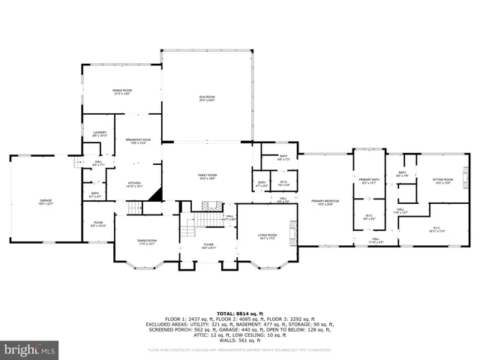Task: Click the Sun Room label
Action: pos(206,98)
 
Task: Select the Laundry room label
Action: pos(98,133)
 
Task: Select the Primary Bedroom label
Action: pos(325,202)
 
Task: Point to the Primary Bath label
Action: pos(369,181)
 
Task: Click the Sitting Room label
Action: pos(442,181)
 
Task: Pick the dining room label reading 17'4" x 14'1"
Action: pos(146,241)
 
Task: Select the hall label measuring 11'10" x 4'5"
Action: pos(375,241)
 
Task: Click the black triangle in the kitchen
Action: pos(155,195)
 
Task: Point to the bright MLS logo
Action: pos(30,349)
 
